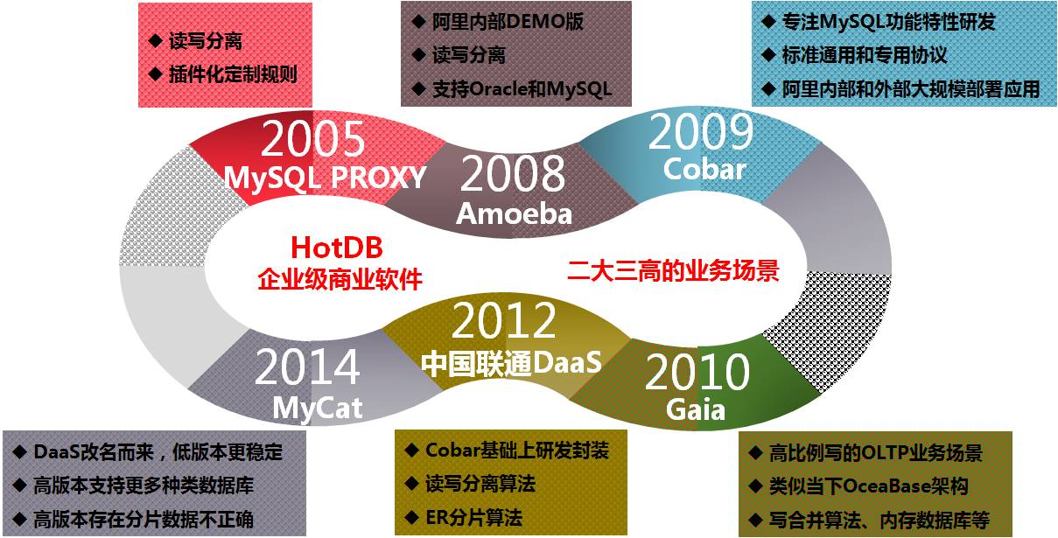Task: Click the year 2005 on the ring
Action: [312, 139]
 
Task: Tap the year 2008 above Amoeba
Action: [513, 174]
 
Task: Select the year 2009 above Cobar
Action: [701, 132]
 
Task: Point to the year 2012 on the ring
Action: [503, 321]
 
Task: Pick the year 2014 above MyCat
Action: [307, 367]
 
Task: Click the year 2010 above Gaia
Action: [697, 372]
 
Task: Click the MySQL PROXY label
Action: [325, 178]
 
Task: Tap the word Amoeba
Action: [514, 213]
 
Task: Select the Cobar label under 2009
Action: [704, 169]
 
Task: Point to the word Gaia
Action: [695, 409]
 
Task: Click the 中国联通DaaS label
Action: [511, 363]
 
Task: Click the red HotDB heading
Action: [337, 248]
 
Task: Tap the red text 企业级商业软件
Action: [340, 279]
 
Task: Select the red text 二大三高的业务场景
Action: [673, 270]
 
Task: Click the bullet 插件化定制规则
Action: [233, 74]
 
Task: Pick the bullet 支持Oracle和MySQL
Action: [522, 89]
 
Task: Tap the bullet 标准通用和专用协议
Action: [865, 55]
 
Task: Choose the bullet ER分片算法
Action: [473, 518]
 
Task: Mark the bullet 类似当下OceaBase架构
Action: [869, 486]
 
